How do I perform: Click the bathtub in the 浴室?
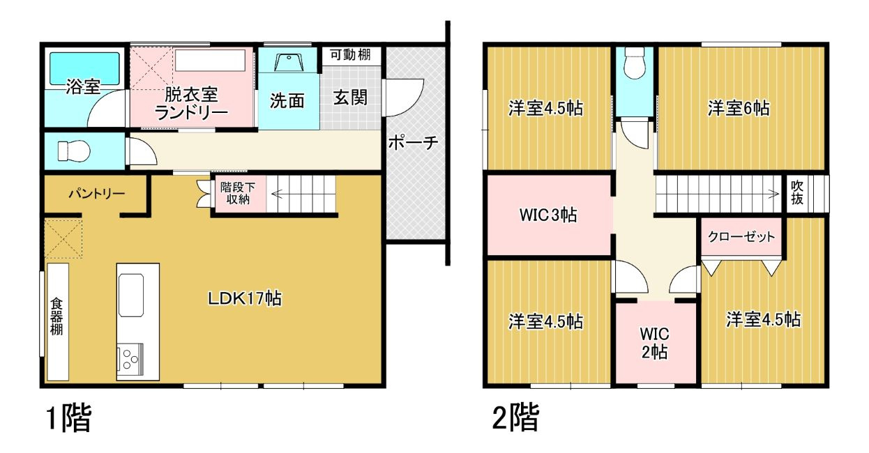click(x=84, y=68)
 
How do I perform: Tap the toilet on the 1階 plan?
click(x=74, y=151)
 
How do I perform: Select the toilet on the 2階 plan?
click(x=635, y=63)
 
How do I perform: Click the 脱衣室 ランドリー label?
click(x=191, y=103)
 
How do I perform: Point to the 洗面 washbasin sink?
click(x=289, y=63)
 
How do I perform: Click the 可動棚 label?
click(x=350, y=54)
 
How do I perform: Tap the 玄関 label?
click(x=350, y=98)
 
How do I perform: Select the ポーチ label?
click(x=413, y=143)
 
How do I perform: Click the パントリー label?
click(x=97, y=193)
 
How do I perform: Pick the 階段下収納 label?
click(x=238, y=193)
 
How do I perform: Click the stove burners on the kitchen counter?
click(x=130, y=359)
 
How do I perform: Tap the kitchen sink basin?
click(x=131, y=295)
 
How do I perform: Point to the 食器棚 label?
click(x=56, y=316)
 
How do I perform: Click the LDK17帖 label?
click(x=245, y=298)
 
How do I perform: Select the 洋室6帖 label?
click(x=739, y=108)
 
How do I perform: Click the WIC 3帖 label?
click(x=547, y=215)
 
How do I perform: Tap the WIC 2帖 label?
click(x=654, y=343)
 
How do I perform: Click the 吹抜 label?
click(x=797, y=192)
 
